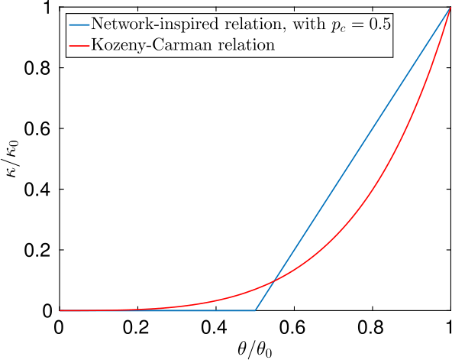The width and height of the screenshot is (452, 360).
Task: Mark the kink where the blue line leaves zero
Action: pos(255,310)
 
